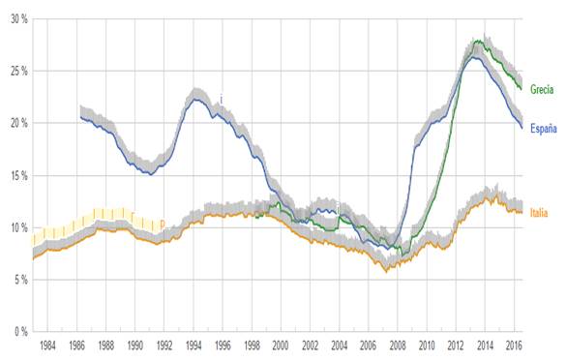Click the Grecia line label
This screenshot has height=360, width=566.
pos(541,90)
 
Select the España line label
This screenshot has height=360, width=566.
pos(543,129)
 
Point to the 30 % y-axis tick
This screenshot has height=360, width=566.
pos(14,19)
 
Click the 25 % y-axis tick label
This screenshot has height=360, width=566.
pos(14,72)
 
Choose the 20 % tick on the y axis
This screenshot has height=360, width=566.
pos(14,124)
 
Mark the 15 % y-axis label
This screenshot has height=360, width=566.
pos(14,175)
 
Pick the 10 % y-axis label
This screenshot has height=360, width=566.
pos(14,227)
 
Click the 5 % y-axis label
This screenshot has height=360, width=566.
pos(15,280)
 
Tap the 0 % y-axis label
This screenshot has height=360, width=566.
pos(15,332)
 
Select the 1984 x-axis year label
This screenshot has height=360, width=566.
pos(46,345)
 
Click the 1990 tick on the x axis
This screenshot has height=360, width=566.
pos(134,345)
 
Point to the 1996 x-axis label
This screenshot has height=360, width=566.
pos(223,345)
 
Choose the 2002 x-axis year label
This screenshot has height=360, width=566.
pos(311,345)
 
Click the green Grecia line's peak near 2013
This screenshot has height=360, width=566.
pos(476,42)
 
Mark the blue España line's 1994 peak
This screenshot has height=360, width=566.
pos(196,100)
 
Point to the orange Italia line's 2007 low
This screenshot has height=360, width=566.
pos(387,271)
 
